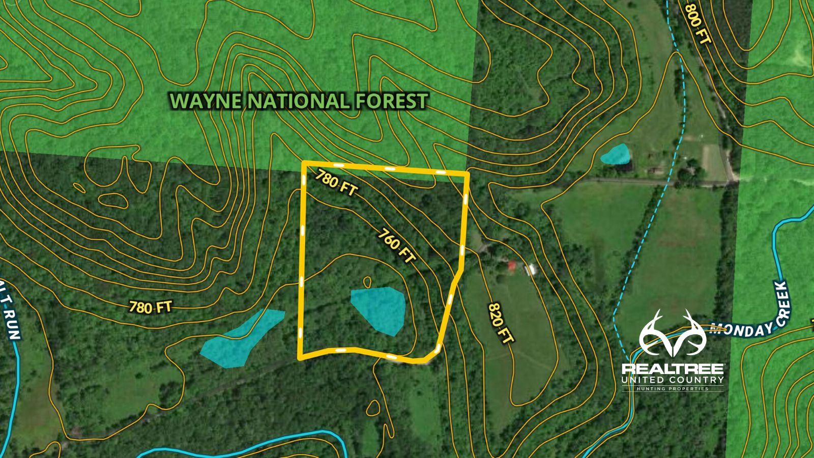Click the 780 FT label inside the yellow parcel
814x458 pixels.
[336, 183]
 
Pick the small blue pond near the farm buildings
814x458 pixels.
[615, 154]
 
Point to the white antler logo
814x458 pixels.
[673, 333]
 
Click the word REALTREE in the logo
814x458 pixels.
[673, 368]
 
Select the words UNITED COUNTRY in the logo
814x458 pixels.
[673, 380]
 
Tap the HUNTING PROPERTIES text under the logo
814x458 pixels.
[673, 389]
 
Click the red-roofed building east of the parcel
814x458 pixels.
[512, 265]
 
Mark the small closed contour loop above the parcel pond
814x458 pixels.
[367, 280]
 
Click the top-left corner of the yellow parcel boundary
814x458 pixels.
[304, 163]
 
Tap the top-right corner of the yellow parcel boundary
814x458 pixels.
[467, 174]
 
